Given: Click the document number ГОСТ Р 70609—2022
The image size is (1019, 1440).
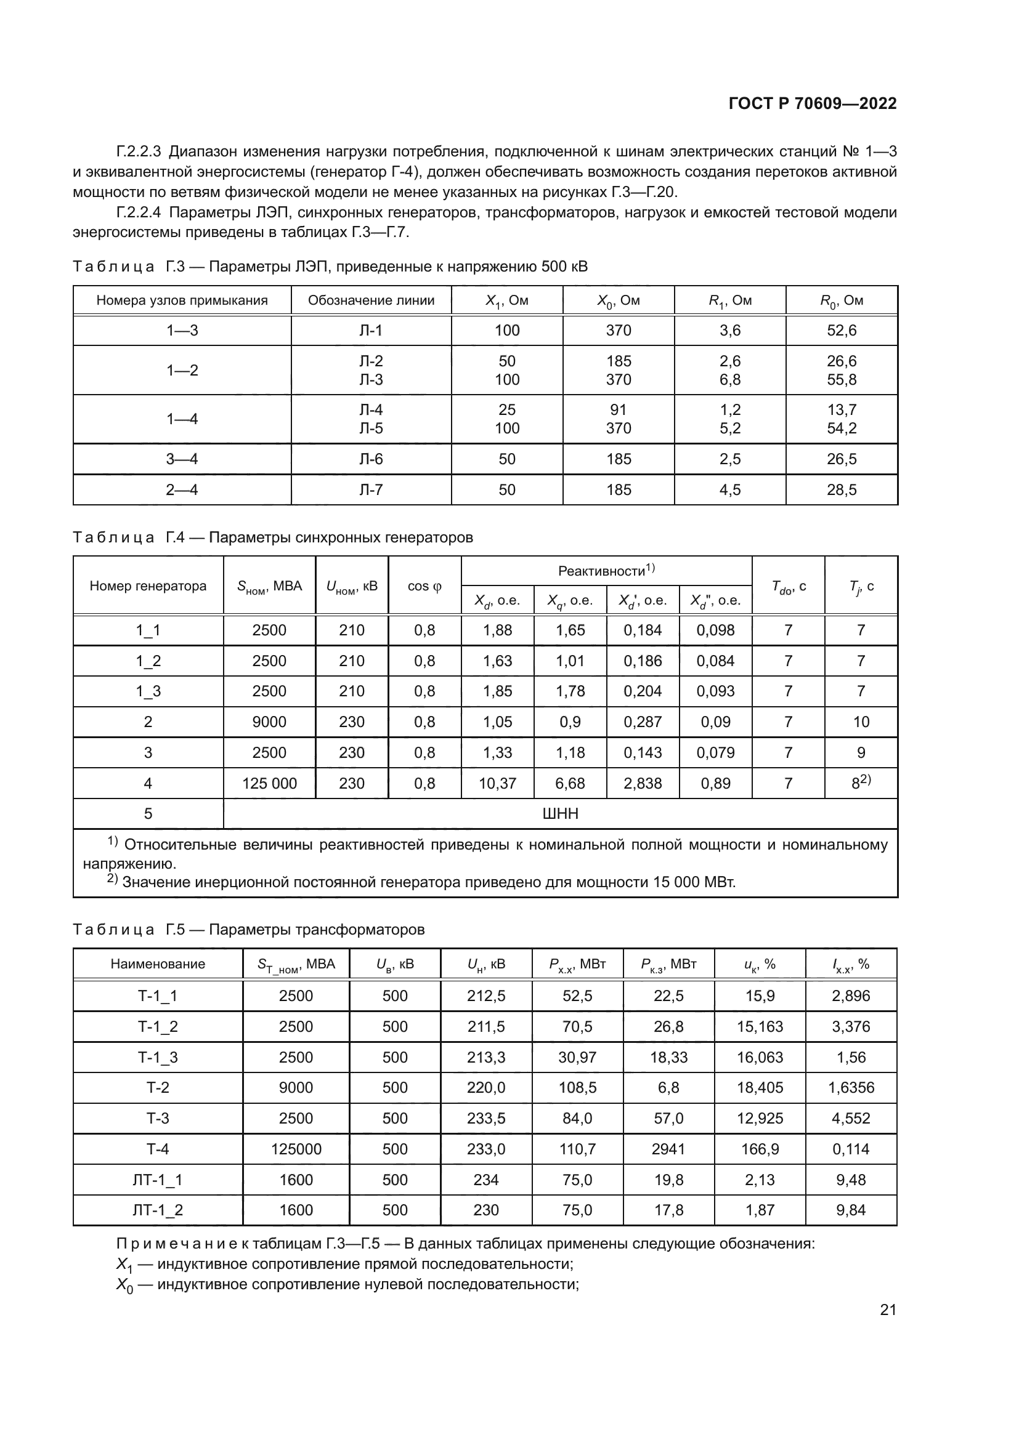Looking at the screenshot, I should pyautogui.click(x=813, y=104).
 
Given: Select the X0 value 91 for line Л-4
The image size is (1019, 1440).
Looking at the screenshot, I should pyautogui.click(x=618, y=410).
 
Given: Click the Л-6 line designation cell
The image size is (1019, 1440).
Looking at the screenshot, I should pyautogui.click(x=371, y=459).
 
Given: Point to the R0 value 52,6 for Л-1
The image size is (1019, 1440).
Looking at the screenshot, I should pyautogui.click(x=842, y=331).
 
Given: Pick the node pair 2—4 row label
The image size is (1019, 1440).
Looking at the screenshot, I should pyautogui.click(x=182, y=490).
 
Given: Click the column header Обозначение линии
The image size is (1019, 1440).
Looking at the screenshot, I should pyautogui.click(x=371, y=300).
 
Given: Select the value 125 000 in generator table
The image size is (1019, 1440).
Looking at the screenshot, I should pyautogui.click(x=269, y=783).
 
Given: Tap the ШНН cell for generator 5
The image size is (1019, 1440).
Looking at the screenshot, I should pyautogui.click(x=559, y=814).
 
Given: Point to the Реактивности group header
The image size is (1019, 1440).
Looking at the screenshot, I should pyautogui.click(x=606, y=571).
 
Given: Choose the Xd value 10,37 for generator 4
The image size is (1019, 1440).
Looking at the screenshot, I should pyautogui.click(x=497, y=783).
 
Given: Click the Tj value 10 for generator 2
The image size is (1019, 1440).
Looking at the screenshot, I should pyautogui.click(x=861, y=722).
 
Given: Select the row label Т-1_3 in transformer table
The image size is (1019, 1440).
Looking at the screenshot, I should pyautogui.click(x=158, y=1058).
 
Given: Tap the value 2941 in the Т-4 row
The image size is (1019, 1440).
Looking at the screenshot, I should pyautogui.click(x=668, y=1149).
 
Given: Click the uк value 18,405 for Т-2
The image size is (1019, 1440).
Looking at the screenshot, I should pyautogui.click(x=760, y=1088).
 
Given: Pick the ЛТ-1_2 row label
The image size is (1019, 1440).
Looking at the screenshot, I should pyautogui.click(x=158, y=1210).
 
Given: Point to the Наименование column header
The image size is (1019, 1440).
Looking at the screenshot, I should pyautogui.click(x=158, y=964).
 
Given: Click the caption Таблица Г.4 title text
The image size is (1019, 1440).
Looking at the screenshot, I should pyautogui.click(x=273, y=537).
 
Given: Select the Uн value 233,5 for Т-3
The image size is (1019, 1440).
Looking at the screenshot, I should pyautogui.click(x=485, y=1119).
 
